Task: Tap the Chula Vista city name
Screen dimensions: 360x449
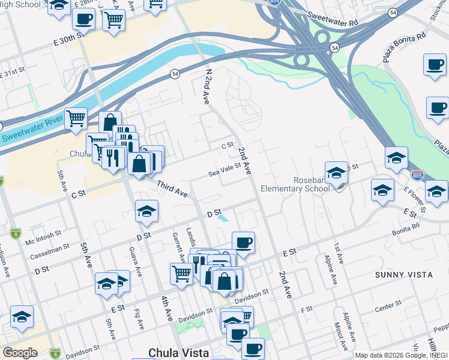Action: pos(178,352)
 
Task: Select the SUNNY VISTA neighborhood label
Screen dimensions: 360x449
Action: pos(403,274)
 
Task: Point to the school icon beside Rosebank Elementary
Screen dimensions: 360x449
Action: pos(337,172)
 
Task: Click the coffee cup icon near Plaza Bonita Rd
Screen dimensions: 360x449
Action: pos(435,64)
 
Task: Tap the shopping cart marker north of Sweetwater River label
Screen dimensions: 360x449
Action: pos(76,118)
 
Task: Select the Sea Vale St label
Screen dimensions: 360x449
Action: pos(224,169)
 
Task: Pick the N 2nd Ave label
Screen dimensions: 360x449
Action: pos(208,86)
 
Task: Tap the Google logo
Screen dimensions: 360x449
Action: pos(20,353)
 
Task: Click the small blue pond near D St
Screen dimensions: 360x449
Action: pos(223,219)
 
